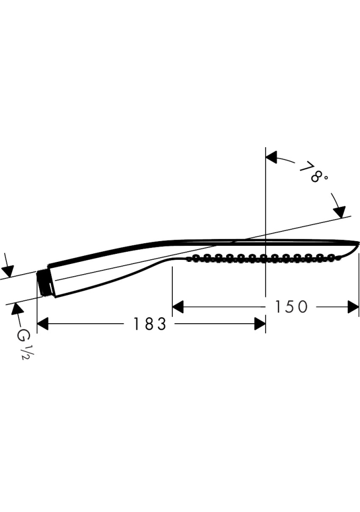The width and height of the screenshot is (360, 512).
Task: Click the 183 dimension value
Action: [x=150, y=324]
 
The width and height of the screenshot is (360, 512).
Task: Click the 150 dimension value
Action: [x=291, y=307]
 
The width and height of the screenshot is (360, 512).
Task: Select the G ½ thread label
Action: [x=24, y=344]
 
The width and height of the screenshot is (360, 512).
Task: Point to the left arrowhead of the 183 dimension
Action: [x=43, y=324]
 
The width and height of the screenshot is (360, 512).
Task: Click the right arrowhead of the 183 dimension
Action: [x=260, y=324]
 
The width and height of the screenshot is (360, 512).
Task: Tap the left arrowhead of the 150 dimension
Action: [x=178, y=307]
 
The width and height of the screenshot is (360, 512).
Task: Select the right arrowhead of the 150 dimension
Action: [x=354, y=307]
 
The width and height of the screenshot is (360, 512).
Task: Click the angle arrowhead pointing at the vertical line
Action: [x=271, y=157]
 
